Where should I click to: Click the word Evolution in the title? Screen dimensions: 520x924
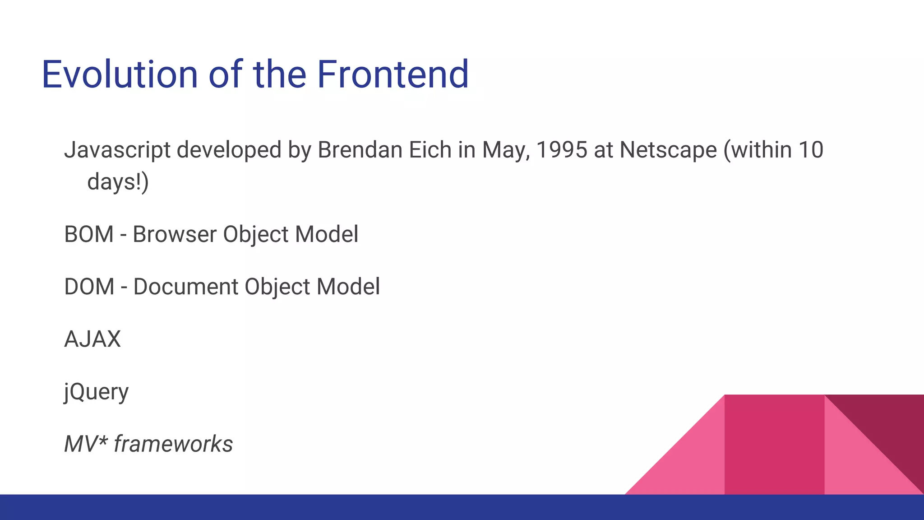(120, 74)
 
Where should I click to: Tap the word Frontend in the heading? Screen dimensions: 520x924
(393, 74)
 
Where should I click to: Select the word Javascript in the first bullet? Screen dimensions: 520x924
(117, 150)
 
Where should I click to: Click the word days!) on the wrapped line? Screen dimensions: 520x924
(118, 182)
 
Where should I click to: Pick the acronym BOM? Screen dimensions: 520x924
(89, 234)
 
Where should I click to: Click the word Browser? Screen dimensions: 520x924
(175, 234)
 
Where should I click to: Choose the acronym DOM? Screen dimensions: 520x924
(89, 287)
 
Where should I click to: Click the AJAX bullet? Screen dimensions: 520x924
(92, 339)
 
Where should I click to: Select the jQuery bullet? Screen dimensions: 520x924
(97, 392)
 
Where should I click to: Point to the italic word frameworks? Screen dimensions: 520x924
(173, 444)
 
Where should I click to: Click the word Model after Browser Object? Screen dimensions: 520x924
(327, 234)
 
